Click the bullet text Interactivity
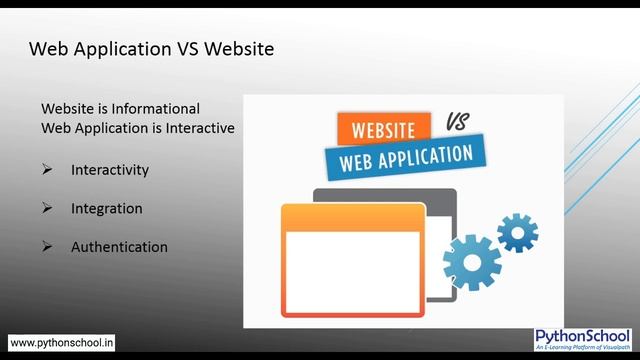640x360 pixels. pos(110,170)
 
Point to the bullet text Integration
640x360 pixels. pos(106,208)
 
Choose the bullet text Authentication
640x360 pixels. pos(119,247)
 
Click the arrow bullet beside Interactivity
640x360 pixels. pos(47,170)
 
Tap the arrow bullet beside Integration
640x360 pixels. pos(47,208)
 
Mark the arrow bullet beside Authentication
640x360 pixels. pos(47,247)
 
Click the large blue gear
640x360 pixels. pos(471,262)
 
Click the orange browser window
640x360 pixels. pos(352,262)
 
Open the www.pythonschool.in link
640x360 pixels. pos(62,342)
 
